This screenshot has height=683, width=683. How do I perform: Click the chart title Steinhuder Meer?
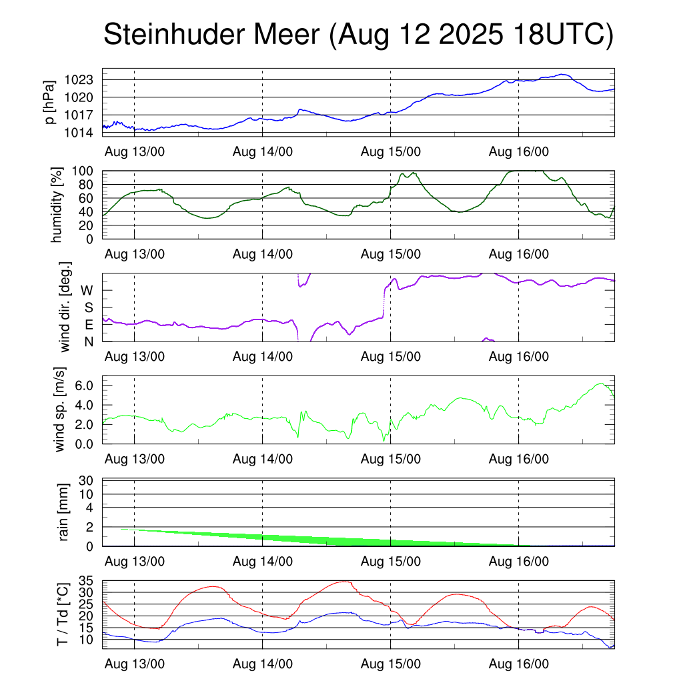(x=358, y=35)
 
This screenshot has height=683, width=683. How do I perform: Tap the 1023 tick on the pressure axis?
(x=83, y=80)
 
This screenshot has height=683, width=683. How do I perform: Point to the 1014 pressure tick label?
(x=83, y=132)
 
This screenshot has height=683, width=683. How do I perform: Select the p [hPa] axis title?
(x=50, y=102)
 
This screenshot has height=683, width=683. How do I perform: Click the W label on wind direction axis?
(x=87, y=290)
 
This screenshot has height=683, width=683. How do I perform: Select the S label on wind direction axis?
(x=88, y=307)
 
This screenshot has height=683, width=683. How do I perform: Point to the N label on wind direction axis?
(x=88, y=341)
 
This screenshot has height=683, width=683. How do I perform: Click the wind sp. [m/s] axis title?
(x=60, y=410)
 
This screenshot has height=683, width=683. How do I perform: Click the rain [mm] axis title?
(x=63, y=513)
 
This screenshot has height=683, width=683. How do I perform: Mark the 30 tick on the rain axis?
(x=87, y=480)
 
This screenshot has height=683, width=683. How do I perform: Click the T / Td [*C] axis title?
(x=62, y=614)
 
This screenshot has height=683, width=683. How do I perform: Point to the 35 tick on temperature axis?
(x=87, y=582)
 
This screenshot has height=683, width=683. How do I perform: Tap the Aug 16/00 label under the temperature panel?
(x=518, y=665)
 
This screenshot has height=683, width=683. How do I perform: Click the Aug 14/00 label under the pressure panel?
(x=262, y=151)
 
